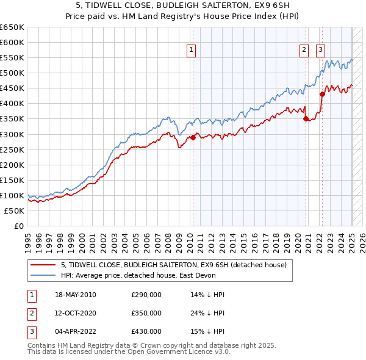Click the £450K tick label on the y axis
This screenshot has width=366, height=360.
click(x=12, y=88)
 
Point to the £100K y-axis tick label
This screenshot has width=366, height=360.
click(x=12, y=195)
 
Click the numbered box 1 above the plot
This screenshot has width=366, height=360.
click(x=192, y=51)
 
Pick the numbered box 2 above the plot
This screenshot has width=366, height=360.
click(x=303, y=51)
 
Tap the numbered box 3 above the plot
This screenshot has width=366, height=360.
click(x=320, y=51)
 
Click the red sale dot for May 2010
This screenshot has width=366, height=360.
click(x=193, y=137)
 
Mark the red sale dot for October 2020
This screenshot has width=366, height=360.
click(x=306, y=119)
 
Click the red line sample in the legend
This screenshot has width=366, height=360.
click(x=44, y=264)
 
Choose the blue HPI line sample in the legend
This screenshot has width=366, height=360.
click(x=44, y=275)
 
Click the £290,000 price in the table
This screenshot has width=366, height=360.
click(x=146, y=295)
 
